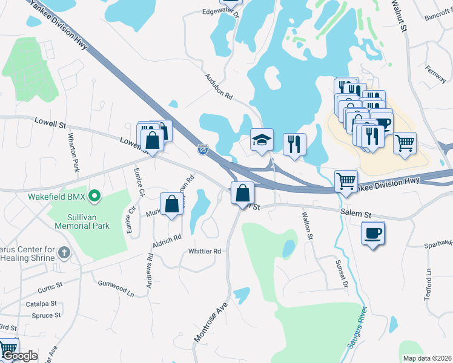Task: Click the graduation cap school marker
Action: tap(262, 140)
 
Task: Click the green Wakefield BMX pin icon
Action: tap(94, 196)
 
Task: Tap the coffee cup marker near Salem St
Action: tap(372, 233)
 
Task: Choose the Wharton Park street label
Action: tap(74, 151)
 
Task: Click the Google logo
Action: tap(19, 356)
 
